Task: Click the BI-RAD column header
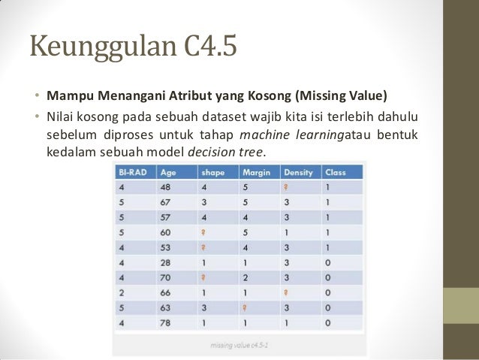(x=132, y=172)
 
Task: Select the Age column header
(x=168, y=172)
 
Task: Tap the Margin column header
(x=255, y=172)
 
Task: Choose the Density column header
(x=298, y=172)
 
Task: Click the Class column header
(x=336, y=172)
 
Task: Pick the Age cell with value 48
(x=167, y=187)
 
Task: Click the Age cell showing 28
(x=167, y=262)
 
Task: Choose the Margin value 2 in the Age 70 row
(x=243, y=277)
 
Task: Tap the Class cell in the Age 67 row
(x=327, y=202)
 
